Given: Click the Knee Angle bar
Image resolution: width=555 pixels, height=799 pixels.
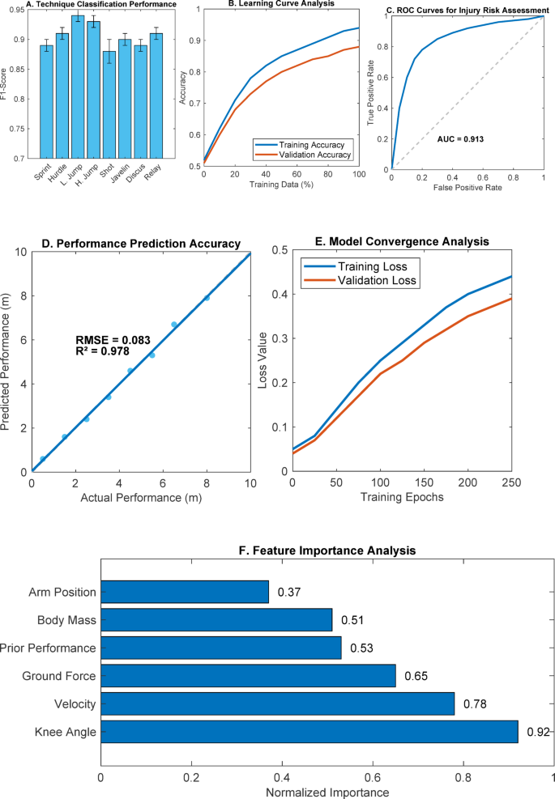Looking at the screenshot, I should (x=309, y=732).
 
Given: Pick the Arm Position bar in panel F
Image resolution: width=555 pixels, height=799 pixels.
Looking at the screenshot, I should (x=184, y=592).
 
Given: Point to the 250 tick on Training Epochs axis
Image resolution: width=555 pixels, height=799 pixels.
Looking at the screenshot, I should (x=510, y=482).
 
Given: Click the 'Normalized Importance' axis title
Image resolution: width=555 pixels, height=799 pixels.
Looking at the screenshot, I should (x=327, y=791).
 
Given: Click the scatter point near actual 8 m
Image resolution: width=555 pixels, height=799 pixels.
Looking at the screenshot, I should (x=207, y=298).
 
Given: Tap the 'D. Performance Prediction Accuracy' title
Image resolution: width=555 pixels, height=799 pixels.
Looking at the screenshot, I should (x=140, y=243).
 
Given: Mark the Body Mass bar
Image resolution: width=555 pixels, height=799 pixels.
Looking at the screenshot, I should (x=216, y=620).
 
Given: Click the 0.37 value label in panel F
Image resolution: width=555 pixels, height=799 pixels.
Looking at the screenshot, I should (x=289, y=593).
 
